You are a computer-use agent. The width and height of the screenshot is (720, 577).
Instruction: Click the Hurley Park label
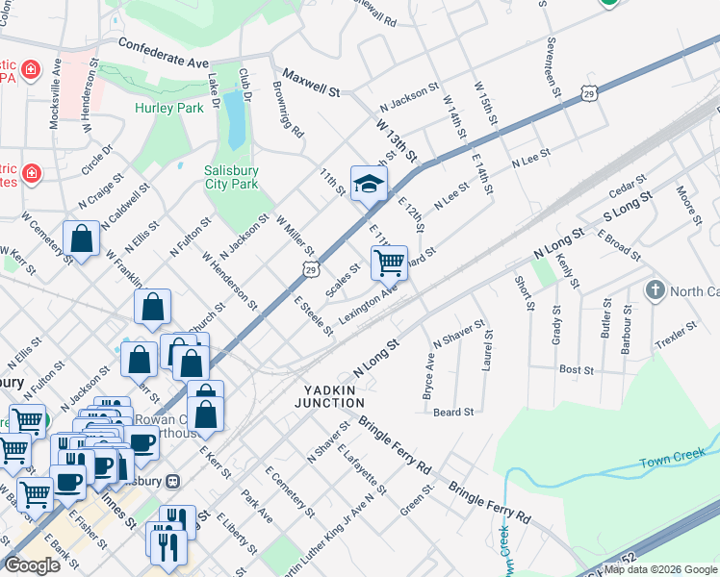[x=169, y=109]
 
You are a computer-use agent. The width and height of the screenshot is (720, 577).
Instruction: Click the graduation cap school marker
[x=369, y=184]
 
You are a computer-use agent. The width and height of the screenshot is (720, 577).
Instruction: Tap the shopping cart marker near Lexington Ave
[x=389, y=262]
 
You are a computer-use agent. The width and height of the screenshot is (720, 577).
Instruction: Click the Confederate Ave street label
[x=164, y=53]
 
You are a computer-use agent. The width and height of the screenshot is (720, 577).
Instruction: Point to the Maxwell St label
[x=313, y=84]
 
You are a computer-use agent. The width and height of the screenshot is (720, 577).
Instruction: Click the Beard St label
[x=453, y=412]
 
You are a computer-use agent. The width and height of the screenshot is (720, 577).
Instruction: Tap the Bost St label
[x=577, y=369]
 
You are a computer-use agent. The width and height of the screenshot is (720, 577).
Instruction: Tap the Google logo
[x=32, y=565]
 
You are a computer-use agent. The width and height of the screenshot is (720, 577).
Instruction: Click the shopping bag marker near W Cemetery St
[x=82, y=238]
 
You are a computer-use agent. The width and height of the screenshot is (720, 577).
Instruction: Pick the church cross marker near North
[x=656, y=289]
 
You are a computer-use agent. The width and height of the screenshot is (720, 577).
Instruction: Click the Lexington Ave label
[x=369, y=306]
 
